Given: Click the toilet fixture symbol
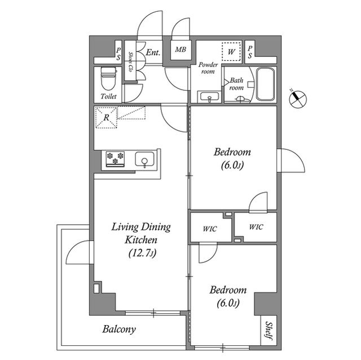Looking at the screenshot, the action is [x=108, y=79].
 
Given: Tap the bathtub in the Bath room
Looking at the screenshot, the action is [x=266, y=84].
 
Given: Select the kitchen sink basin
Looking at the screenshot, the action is [x=144, y=159].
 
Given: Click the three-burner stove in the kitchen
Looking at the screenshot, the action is [x=115, y=159].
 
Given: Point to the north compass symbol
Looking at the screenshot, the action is [x=298, y=99].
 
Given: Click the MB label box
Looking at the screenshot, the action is [x=180, y=50].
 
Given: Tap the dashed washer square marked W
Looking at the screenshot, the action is [x=231, y=52].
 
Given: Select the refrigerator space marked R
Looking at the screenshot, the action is [x=107, y=118].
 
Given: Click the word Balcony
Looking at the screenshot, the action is [x=119, y=329].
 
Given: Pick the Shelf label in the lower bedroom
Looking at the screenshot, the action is [x=268, y=330].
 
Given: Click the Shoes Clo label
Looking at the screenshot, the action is [x=130, y=62].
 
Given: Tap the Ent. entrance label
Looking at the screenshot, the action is [x=153, y=52].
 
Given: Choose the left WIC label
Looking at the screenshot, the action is [x=210, y=229].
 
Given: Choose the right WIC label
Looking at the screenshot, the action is [x=256, y=227].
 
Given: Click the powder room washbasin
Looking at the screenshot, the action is [x=209, y=96].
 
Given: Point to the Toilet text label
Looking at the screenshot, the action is [x=108, y=96].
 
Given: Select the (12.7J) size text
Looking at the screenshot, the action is [x=142, y=254].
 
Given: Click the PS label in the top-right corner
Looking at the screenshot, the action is [x=250, y=52].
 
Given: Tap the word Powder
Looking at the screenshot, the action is [x=208, y=65].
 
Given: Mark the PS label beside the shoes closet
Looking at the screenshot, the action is [x=118, y=54].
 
